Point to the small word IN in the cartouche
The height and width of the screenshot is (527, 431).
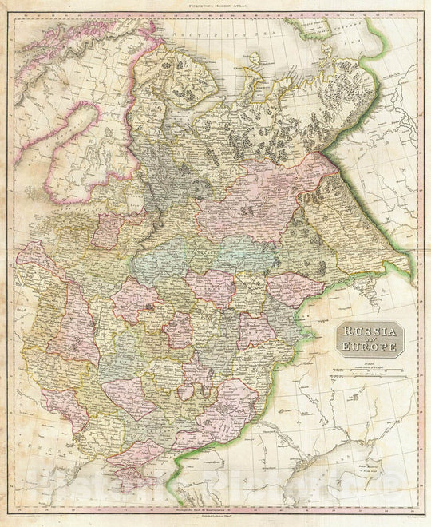coord(369,339)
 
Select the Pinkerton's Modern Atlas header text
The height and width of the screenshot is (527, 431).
coord(216,6)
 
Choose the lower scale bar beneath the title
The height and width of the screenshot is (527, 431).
coord(369,378)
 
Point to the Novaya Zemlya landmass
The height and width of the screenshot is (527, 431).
coord(319,32)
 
